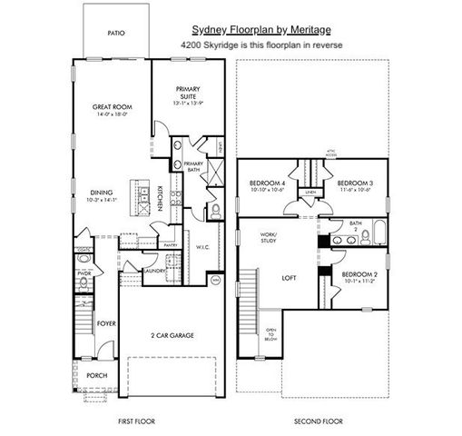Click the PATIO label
tap(115, 33)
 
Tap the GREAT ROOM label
tap(113, 107)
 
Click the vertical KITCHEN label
tap(160, 198)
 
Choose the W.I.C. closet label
tap(202, 246)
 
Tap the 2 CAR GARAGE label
tap(172, 334)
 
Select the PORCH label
tap(97, 375)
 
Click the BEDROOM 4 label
tap(267, 183)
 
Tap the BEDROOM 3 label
tap(356, 183)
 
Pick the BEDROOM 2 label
tap(359, 273)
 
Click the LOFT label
tap(290, 278)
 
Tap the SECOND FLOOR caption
tap(317, 422)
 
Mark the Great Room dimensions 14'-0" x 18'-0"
tap(113, 115)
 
